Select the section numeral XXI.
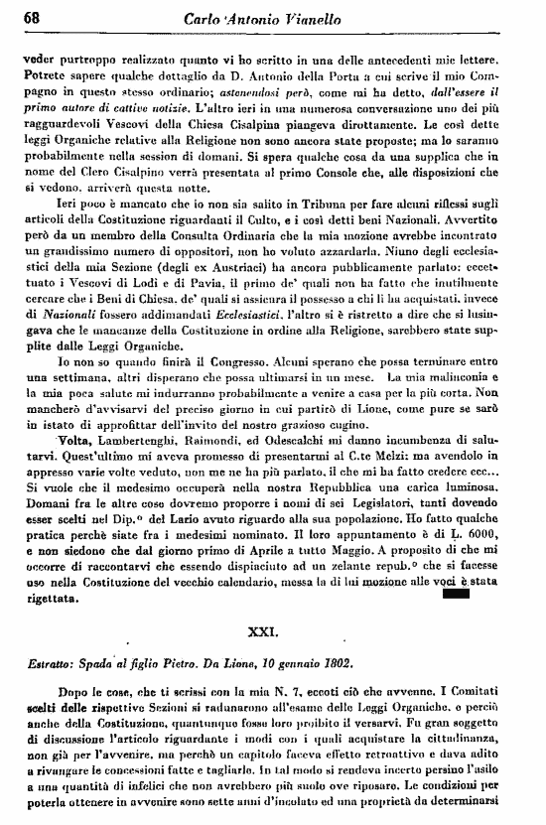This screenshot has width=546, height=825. point(273,630)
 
